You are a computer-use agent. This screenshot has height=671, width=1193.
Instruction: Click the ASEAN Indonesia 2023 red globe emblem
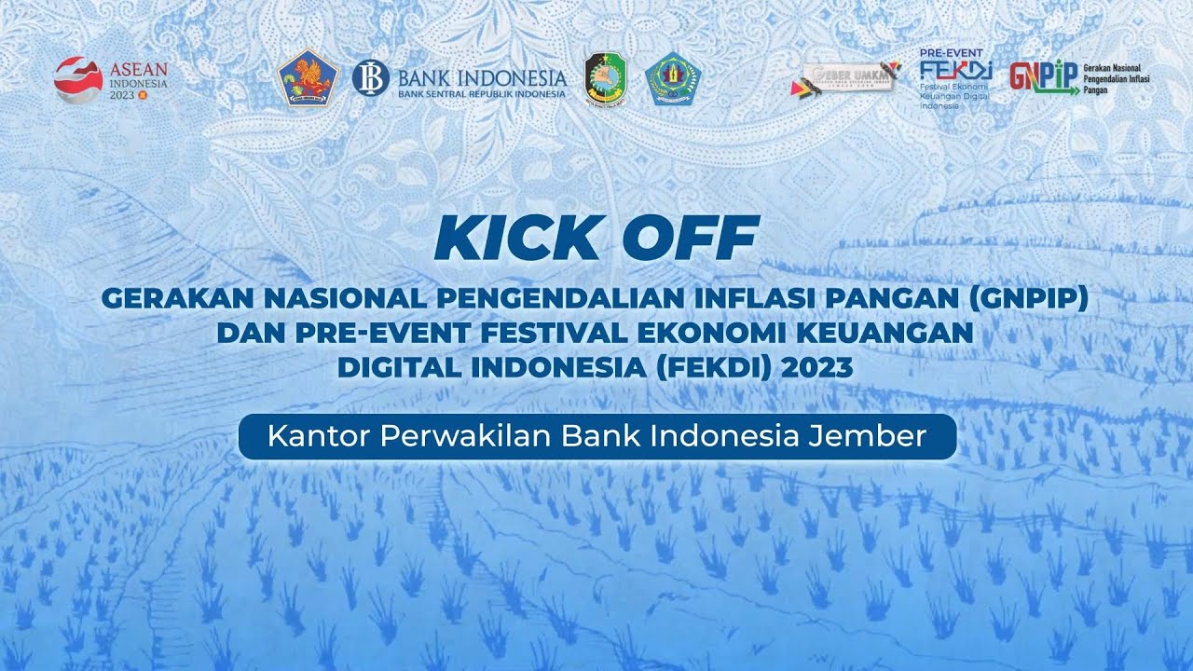click(78, 79)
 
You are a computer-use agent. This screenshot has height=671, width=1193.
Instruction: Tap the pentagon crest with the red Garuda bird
click(308, 79)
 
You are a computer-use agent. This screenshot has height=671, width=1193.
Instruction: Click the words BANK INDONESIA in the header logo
click(481, 76)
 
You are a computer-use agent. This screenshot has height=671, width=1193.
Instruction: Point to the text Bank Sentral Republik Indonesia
click(481, 94)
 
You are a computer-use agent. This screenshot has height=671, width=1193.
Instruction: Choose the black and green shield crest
click(606, 79)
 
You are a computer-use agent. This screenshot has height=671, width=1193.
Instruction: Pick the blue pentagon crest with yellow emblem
click(674, 79)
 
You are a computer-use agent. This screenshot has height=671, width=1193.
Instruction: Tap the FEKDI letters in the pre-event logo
click(955, 71)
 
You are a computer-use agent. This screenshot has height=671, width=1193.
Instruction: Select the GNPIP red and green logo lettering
click(1043, 77)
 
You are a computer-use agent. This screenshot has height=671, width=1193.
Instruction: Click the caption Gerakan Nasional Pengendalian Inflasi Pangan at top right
click(1118, 79)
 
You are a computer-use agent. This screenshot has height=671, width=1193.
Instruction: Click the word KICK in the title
click(517, 239)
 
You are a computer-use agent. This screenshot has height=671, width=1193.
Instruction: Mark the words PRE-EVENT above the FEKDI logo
click(951, 53)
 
